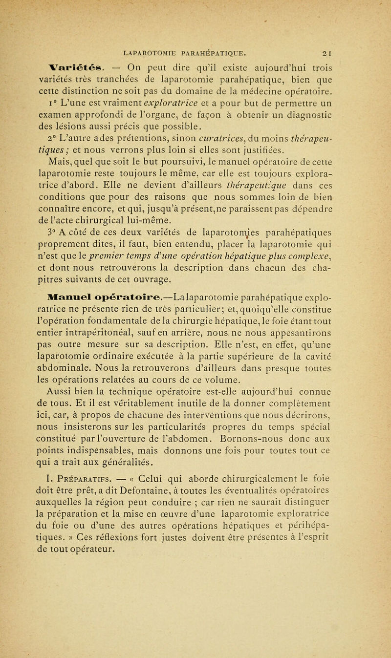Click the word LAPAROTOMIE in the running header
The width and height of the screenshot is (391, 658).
(150, 49)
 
